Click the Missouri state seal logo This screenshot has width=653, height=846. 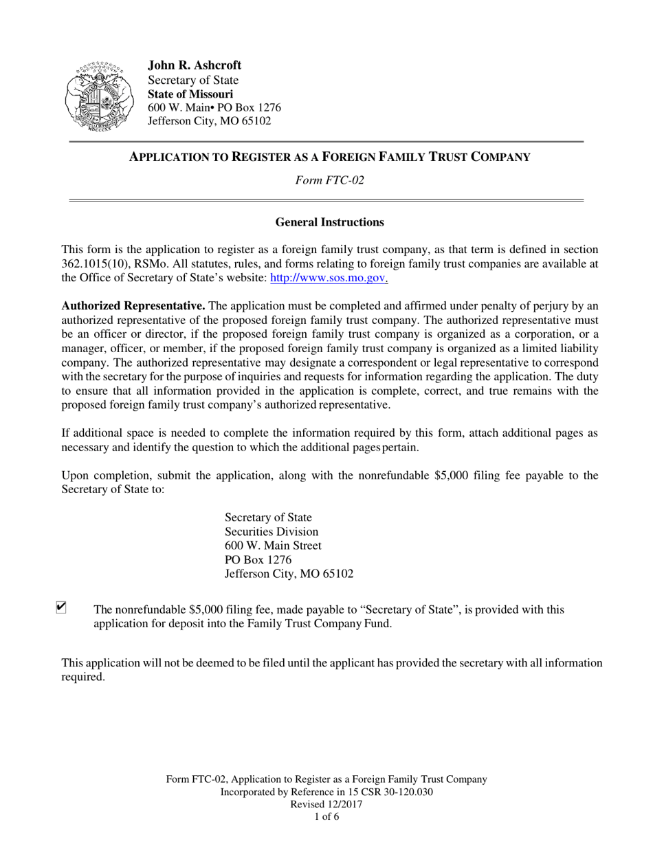click(x=94, y=96)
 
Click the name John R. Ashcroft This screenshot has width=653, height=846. click(x=195, y=65)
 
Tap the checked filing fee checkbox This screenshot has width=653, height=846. click(x=61, y=607)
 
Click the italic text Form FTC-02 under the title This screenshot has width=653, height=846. click(x=329, y=181)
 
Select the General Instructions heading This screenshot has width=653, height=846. click(x=329, y=222)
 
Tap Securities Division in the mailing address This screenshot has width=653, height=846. click(x=272, y=532)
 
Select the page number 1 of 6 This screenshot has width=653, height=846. click(x=326, y=818)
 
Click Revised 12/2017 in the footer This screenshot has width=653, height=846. click(x=326, y=805)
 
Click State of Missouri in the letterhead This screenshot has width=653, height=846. click(x=190, y=94)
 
